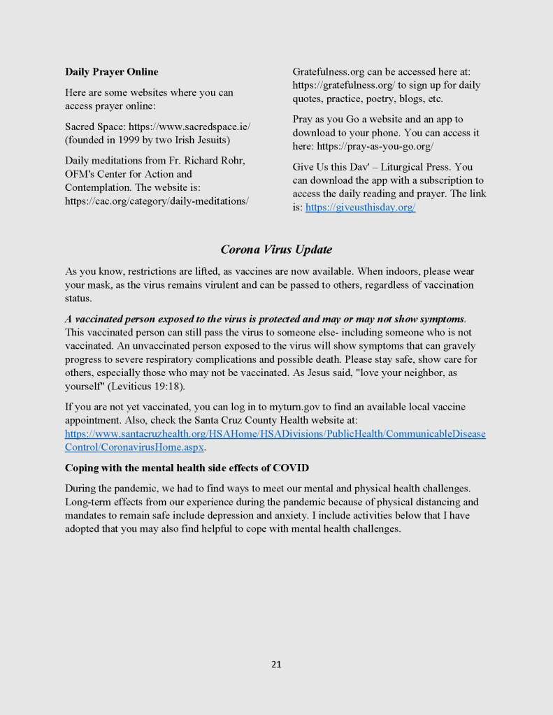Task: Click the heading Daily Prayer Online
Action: [x=111, y=71]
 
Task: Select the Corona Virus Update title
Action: [x=276, y=250]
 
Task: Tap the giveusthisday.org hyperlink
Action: [x=361, y=208]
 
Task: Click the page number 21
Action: [x=276, y=664]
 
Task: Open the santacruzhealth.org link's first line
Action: [x=275, y=433]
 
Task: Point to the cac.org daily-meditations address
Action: [x=157, y=201]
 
